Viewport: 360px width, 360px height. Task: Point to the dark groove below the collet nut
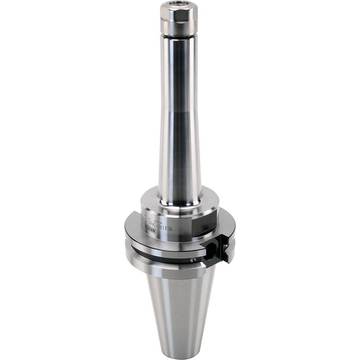[179, 36]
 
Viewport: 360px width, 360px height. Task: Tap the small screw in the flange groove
[193, 259]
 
